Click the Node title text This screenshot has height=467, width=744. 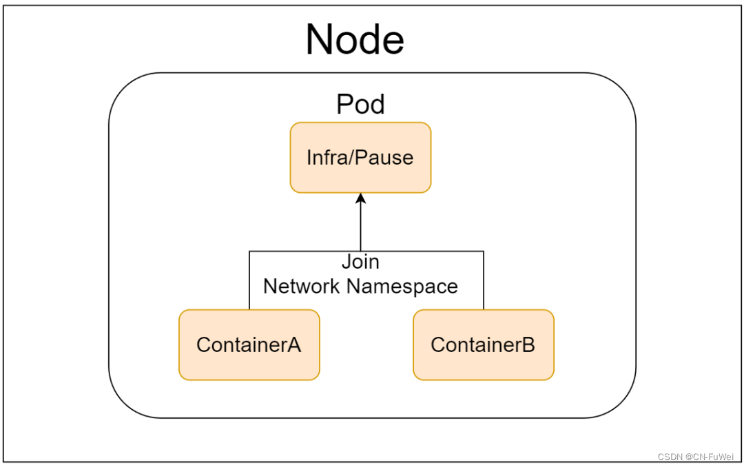click(x=355, y=39)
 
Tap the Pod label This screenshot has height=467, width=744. click(x=360, y=105)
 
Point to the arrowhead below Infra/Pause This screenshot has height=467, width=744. click(x=360, y=199)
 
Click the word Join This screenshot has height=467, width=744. click(x=360, y=262)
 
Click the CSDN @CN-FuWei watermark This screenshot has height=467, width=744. click(x=695, y=457)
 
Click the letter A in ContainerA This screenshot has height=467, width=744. click(x=293, y=344)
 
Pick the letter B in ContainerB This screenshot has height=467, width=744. click(x=528, y=344)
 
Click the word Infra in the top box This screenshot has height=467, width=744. click(x=326, y=158)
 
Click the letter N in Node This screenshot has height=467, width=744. click(x=320, y=39)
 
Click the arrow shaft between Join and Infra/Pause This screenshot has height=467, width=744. click(x=360, y=227)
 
